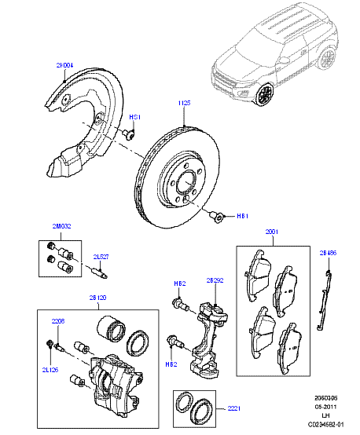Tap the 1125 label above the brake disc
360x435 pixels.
tap(185, 103)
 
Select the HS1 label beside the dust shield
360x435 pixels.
tap(134, 117)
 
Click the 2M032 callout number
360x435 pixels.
tap(61, 227)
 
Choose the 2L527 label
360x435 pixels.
tap(101, 257)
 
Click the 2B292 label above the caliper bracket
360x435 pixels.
tap(215, 280)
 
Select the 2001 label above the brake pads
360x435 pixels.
tap(271, 232)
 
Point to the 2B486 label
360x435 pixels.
tap(328, 254)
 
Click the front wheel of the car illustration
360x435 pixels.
tap(265, 94)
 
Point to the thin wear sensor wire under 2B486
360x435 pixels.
tap(324, 298)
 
